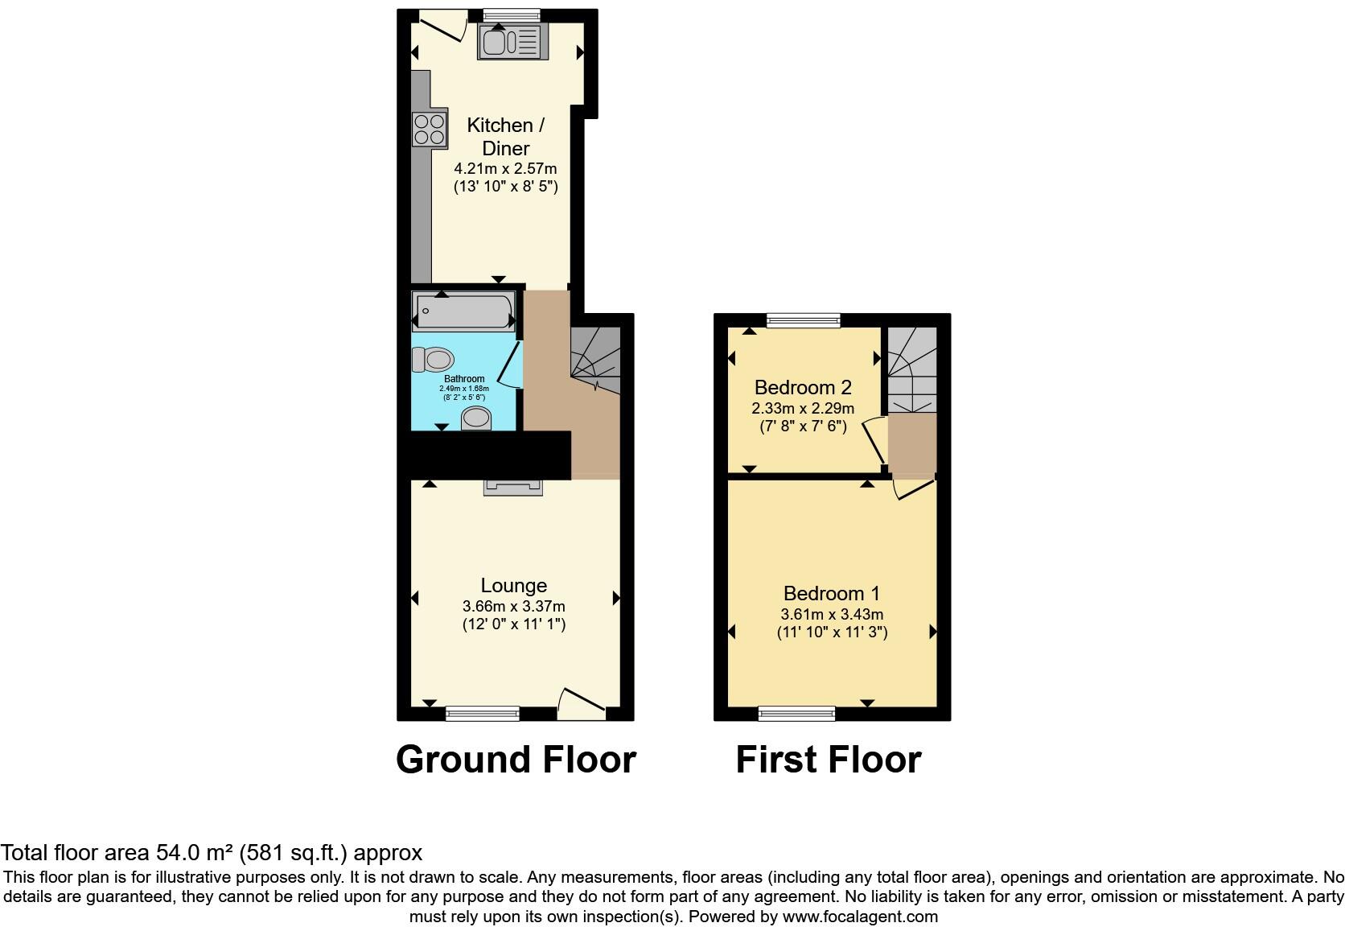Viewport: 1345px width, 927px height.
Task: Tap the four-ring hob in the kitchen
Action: click(430, 130)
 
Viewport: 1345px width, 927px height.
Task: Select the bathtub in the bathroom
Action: click(463, 311)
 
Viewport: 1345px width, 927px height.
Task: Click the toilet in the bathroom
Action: click(433, 359)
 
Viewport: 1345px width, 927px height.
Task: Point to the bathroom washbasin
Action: click(476, 418)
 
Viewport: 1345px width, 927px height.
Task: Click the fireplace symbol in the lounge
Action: click(513, 487)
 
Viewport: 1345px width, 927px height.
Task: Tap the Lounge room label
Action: click(513, 586)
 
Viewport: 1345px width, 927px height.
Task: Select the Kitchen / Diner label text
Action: click(505, 137)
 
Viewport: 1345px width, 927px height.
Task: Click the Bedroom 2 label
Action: click(802, 388)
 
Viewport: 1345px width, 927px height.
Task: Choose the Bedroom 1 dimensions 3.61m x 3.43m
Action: click(832, 614)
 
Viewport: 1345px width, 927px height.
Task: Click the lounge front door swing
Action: click(582, 702)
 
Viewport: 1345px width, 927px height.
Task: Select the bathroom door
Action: click(509, 366)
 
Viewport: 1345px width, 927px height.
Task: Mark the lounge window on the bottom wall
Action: click(483, 713)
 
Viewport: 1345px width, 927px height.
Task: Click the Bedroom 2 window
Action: click(803, 321)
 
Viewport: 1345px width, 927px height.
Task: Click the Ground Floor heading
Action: click(516, 760)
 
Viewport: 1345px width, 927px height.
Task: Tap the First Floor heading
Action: click(828, 760)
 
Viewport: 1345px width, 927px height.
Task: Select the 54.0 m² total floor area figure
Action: click(193, 853)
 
